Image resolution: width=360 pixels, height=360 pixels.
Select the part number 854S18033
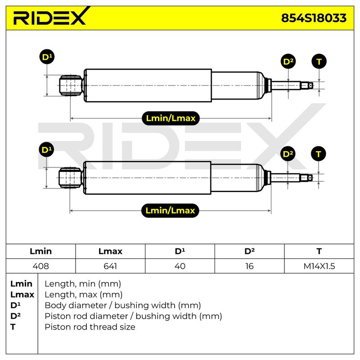point(314,18)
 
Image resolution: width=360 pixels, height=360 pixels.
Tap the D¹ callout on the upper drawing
point(47,57)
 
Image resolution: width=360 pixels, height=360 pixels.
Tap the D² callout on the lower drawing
point(288,154)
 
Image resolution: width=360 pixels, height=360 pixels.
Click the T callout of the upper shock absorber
point(319,61)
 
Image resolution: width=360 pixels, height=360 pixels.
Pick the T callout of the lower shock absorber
point(319,154)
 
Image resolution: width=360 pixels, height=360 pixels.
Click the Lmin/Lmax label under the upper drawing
point(171,118)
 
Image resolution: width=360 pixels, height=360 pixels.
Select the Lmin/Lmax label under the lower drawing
point(170,211)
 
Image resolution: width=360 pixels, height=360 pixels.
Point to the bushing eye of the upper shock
point(71,85)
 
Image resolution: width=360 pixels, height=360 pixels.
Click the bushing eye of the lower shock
point(70,178)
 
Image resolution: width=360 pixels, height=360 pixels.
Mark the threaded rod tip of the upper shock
point(307,85)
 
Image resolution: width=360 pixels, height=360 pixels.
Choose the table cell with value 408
point(40,266)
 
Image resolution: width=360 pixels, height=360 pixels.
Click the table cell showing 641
point(110,266)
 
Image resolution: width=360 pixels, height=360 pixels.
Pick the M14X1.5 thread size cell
point(319,266)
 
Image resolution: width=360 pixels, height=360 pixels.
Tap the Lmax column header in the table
point(110,251)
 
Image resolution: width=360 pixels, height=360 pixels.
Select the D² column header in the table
point(250,251)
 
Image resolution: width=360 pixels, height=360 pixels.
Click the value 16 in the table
point(250,266)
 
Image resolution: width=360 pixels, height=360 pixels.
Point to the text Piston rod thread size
point(90,327)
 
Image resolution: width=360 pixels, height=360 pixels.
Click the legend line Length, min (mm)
point(83,284)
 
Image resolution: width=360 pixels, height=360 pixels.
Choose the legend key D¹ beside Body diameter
point(15,306)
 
